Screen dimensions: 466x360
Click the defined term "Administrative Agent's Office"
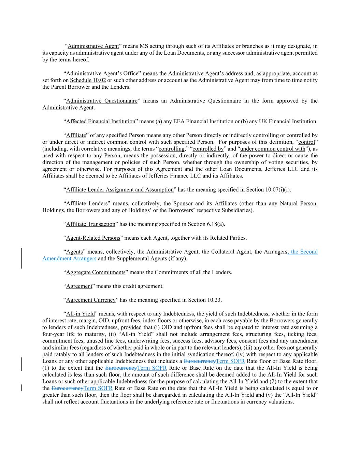(102, 73)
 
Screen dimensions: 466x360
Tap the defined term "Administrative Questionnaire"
(101, 101)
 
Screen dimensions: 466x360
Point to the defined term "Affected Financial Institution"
(101, 122)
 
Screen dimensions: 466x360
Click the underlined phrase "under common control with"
(273, 149)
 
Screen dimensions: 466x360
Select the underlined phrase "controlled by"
(208, 149)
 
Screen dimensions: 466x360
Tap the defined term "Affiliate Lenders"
(87, 203)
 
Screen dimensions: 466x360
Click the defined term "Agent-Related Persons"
(93, 238)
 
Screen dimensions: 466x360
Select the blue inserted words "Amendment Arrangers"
(69, 258)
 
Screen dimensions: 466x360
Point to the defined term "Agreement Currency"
(91, 300)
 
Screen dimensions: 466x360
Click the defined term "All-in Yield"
(80, 314)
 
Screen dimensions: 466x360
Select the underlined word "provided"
(131, 327)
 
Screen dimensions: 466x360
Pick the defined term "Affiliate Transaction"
(90, 224)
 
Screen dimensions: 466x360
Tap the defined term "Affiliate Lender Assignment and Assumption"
(120, 190)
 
